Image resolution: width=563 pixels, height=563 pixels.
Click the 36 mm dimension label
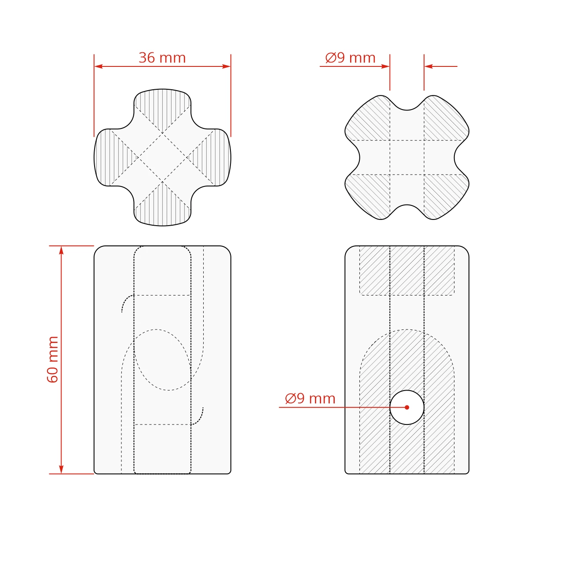[162, 58]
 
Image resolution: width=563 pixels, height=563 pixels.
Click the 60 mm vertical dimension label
[53, 359]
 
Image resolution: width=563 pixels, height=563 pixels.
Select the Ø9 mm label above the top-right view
[350, 58]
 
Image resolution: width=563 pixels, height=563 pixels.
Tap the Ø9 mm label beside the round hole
[310, 398]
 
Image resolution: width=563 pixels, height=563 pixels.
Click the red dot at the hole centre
[407, 407]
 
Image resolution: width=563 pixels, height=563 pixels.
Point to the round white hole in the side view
[407, 407]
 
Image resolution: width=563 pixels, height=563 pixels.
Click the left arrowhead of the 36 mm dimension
[99, 66]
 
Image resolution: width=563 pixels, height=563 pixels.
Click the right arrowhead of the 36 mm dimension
[226, 66]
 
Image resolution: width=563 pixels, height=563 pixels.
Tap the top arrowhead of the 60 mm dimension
[61, 250]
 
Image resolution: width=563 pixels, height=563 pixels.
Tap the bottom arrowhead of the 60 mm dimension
[61, 469]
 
